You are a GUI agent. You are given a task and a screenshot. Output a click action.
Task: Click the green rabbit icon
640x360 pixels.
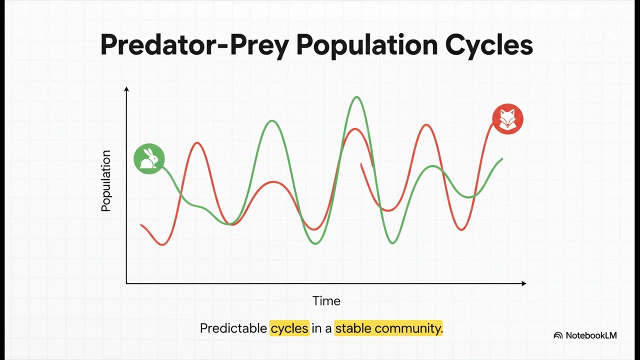pyautogui.click(x=149, y=158)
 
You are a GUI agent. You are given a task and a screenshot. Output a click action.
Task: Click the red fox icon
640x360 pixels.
pyautogui.click(x=507, y=119)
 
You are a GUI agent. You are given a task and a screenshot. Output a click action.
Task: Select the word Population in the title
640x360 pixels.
pyautogui.click(x=366, y=44)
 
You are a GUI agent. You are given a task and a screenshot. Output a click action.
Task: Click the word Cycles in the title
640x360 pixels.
pyautogui.click(x=489, y=44)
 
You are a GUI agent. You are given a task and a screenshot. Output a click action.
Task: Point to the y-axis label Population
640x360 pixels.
pyautogui.click(x=106, y=181)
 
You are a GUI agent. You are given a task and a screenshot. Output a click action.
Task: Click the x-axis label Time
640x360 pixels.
pyautogui.click(x=326, y=301)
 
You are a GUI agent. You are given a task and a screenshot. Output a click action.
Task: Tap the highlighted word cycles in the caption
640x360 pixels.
pyautogui.click(x=289, y=328)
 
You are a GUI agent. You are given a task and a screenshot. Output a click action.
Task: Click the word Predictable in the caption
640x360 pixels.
pyautogui.click(x=233, y=328)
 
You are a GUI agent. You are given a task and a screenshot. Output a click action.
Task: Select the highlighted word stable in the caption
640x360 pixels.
pyautogui.click(x=353, y=328)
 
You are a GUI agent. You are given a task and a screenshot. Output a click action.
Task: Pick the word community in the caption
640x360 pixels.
pyautogui.click(x=408, y=328)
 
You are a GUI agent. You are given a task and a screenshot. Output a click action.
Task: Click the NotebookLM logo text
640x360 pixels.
pyautogui.click(x=591, y=335)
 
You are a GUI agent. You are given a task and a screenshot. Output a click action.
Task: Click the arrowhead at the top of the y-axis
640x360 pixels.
pyautogui.click(x=126, y=89)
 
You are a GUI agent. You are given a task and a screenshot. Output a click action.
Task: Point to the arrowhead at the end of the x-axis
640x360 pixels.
pyautogui.click(x=523, y=283)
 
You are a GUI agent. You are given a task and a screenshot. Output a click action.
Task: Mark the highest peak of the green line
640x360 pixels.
pyautogui.click(x=356, y=97)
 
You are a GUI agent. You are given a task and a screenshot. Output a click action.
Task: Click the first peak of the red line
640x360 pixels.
pyautogui.click(x=198, y=143)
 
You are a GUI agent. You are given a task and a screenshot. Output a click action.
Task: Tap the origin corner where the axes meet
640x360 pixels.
pyautogui.click(x=126, y=283)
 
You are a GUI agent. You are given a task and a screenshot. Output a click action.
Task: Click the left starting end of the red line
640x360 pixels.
pyautogui.click(x=141, y=224)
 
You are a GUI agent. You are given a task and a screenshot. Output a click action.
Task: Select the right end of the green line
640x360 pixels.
pyautogui.click(x=502, y=159)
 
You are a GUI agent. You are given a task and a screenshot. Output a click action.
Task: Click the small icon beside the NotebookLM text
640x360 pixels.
pyautogui.click(x=558, y=335)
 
